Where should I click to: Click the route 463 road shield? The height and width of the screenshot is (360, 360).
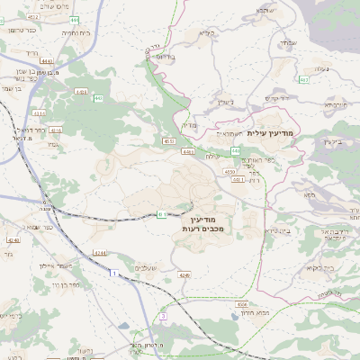point(304,80)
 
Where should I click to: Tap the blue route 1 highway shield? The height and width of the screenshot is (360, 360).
point(113,272)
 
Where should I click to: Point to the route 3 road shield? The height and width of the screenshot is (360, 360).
point(162,317)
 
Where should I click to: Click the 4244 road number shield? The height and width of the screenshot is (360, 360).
point(97,254)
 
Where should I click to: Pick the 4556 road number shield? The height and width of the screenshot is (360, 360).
point(230,170)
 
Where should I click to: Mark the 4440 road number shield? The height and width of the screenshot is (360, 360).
point(47,61)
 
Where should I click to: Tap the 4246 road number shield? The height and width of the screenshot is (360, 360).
point(184,274)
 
